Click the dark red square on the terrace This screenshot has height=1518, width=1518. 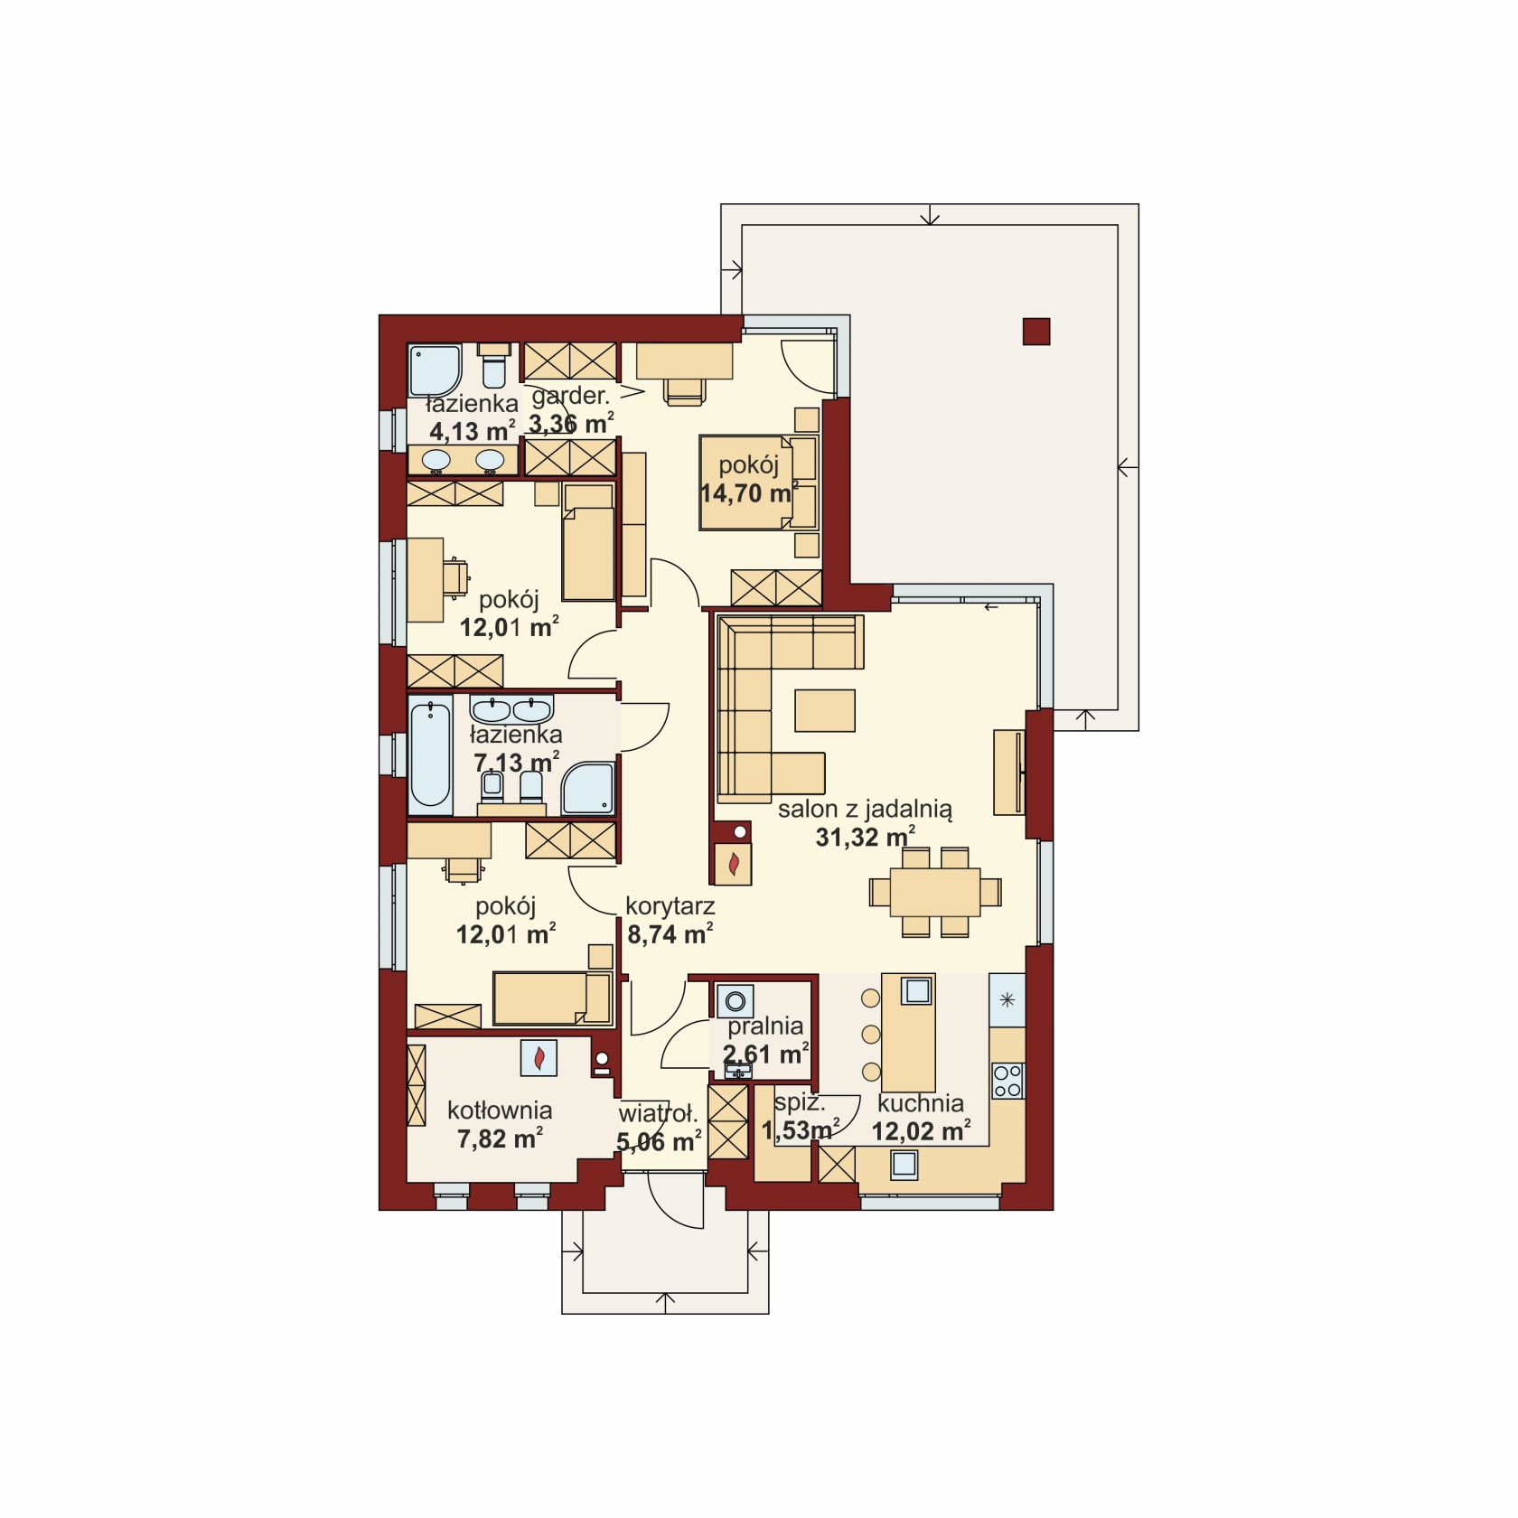click(x=1036, y=332)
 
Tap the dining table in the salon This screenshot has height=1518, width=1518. click(x=935, y=891)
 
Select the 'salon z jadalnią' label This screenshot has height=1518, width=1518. click(x=865, y=809)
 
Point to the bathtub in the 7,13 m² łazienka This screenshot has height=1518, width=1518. click(x=430, y=755)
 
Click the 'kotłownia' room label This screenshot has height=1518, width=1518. click(x=500, y=1110)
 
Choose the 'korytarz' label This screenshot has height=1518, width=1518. click(x=670, y=905)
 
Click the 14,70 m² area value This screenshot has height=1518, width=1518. click(x=749, y=492)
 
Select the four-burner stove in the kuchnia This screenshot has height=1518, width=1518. click(x=1007, y=1080)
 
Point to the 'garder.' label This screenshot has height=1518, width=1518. click(x=571, y=396)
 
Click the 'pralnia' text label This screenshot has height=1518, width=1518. click(x=766, y=1026)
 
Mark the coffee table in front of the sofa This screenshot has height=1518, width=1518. click(x=825, y=709)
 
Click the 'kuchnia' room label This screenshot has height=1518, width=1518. click(x=920, y=1102)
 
